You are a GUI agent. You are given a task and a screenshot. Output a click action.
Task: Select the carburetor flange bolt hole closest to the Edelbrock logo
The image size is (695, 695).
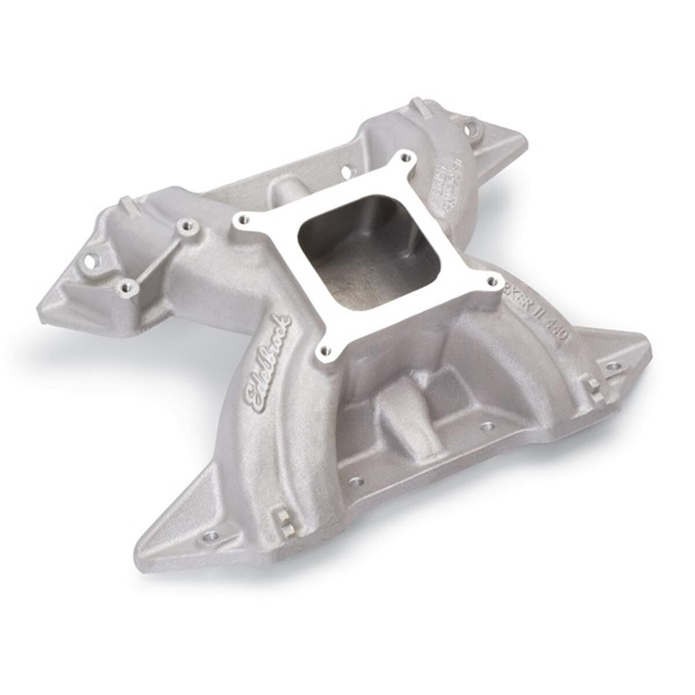click(x=324, y=350)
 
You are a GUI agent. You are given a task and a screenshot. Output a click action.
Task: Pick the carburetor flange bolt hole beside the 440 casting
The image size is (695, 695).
click(x=492, y=282)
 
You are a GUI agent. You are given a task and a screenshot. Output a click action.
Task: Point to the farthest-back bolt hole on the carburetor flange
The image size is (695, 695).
click(x=404, y=156)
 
